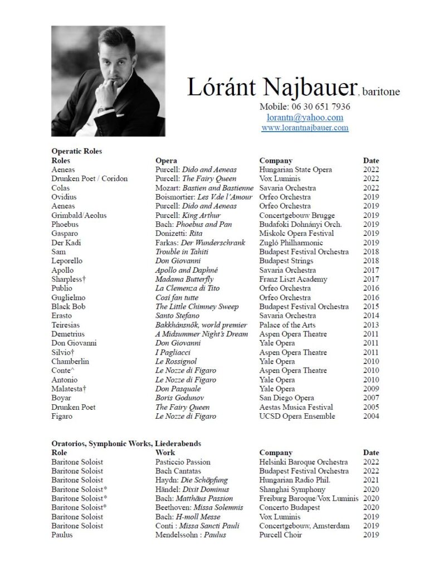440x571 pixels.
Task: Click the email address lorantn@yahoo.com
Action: [305, 117]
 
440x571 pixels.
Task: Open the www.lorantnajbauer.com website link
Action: [305, 128]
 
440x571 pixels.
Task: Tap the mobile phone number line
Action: [305, 107]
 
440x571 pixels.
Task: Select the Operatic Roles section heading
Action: [76, 151]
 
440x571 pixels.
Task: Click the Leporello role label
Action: [67, 261]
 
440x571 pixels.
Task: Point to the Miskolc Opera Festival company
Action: [296, 234]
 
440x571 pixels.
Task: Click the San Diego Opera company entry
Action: [286, 398]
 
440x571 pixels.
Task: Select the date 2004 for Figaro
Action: [371, 417]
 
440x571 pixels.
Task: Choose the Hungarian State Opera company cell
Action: [295, 170]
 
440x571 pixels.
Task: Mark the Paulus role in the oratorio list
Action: [62, 535]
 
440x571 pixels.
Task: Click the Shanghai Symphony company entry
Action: [292, 490]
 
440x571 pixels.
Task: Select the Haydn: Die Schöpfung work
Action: [192, 480]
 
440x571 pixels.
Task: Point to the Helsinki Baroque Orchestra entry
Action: [304, 462]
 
